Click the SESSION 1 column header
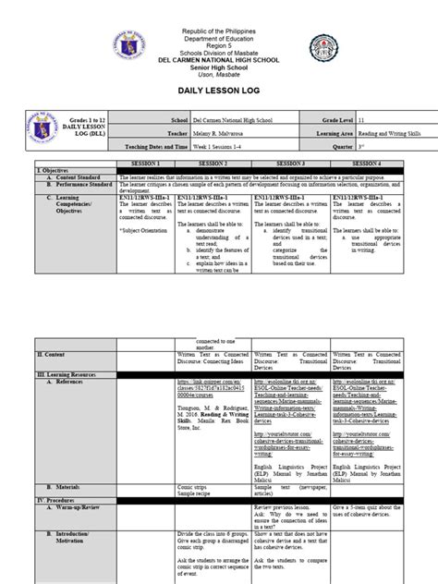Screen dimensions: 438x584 [143, 163]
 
